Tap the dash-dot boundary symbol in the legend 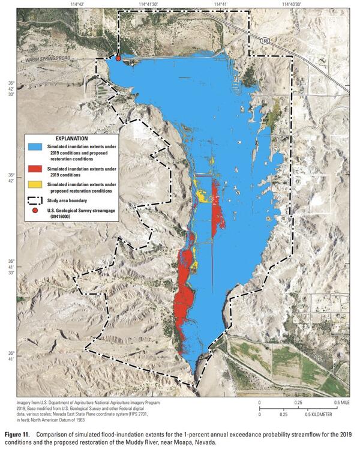point(35,200)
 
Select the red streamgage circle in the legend point(35,212)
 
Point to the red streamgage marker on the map point(118,59)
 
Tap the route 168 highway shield point(265,40)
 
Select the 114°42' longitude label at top point(77,5)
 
